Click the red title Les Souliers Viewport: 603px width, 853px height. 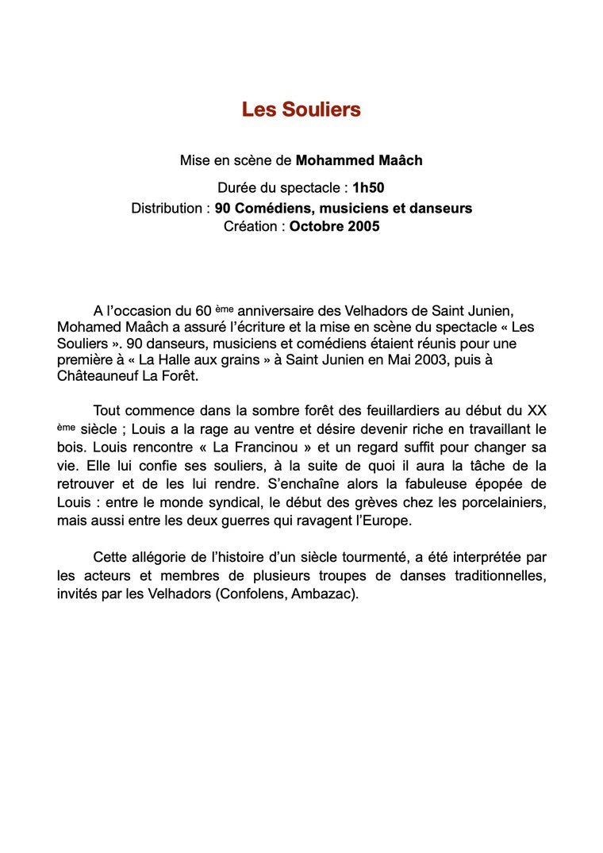(x=301, y=110)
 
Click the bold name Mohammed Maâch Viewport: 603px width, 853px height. (x=359, y=160)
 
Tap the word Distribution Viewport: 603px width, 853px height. (x=167, y=209)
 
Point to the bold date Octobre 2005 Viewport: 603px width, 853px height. (x=334, y=227)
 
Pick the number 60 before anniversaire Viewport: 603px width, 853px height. (x=202, y=310)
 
